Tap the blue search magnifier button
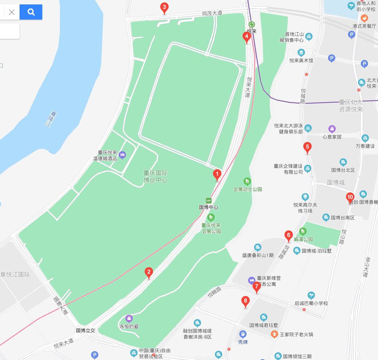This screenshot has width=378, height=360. coord(31,12)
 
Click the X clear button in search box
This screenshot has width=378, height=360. coord(12,12)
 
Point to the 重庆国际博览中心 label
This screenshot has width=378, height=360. coord(155,176)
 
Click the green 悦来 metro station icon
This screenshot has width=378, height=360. coord(252,24)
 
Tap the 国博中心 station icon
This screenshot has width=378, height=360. coord(209,200)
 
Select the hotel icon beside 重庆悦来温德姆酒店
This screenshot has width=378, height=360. coord(122,154)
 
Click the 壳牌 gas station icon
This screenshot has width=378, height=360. coord(243,334)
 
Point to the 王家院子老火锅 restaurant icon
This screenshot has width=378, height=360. coord(274,334)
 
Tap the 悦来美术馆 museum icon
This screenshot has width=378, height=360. coord(301,53)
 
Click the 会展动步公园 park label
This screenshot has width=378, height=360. coord(248,189)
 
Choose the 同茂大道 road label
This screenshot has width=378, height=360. coord(212,13)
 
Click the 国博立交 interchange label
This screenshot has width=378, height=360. coord(86,330)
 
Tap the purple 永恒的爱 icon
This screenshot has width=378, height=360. coord(129,318)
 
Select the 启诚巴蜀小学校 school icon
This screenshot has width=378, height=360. coord(311,296)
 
